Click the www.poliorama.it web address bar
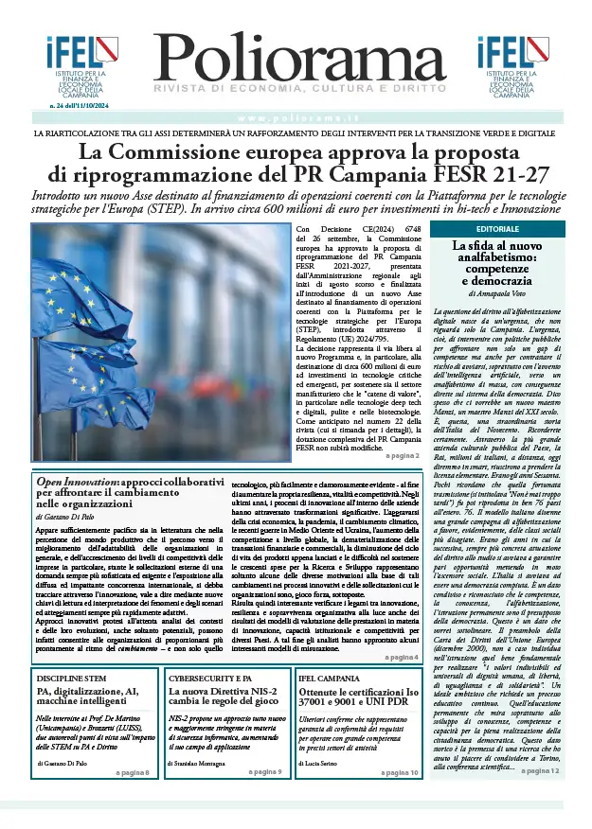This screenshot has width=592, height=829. tap(296, 117)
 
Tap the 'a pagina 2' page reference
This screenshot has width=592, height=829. tap(401, 456)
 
